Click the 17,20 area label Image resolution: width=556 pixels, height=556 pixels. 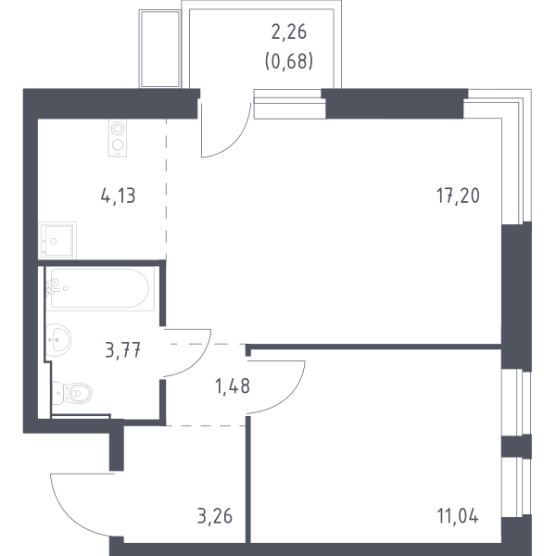(x=458, y=196)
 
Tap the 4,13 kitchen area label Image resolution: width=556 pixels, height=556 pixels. (x=118, y=196)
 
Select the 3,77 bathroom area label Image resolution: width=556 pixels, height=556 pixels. (x=122, y=350)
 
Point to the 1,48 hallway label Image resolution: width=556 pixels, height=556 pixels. (x=233, y=386)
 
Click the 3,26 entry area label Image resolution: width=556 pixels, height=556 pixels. (x=215, y=516)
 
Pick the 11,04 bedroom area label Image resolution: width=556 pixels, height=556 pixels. (x=458, y=516)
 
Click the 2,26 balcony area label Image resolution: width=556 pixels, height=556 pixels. (x=289, y=32)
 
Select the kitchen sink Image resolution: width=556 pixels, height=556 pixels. (x=57, y=240)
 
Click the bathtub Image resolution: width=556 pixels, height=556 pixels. (x=100, y=288)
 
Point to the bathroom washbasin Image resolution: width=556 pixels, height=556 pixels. (x=58, y=340)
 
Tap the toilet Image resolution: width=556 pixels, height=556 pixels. (x=72, y=393)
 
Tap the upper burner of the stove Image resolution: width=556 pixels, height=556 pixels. (x=118, y=129)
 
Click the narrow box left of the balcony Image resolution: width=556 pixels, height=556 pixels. (x=159, y=49)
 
